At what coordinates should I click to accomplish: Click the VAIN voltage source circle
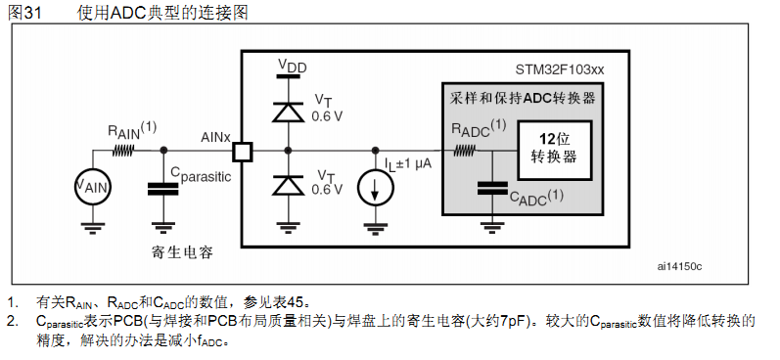click(93, 186)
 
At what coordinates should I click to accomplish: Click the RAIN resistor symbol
click(124, 151)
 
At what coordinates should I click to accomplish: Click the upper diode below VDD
click(288, 111)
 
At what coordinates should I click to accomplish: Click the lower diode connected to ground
click(288, 184)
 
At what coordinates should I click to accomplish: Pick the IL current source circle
click(376, 188)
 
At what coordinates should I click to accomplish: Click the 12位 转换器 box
click(552, 150)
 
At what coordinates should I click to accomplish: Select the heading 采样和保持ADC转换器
click(524, 99)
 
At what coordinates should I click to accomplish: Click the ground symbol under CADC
click(490, 227)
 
